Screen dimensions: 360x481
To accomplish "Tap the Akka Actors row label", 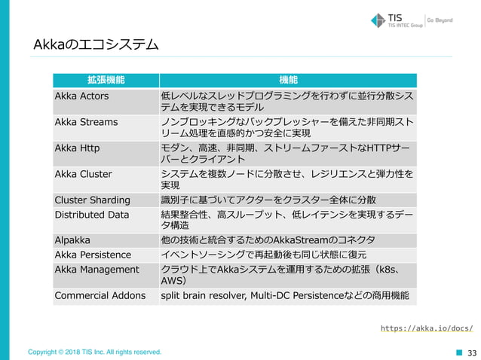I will (x=81, y=96).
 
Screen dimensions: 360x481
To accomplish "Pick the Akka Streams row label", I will (x=86, y=121).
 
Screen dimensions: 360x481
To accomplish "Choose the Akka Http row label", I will (x=77, y=148).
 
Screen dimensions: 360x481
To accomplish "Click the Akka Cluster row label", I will (x=83, y=174).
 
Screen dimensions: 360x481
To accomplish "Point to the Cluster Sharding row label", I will (x=92, y=200).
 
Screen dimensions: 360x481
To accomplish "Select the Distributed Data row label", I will (x=92, y=215).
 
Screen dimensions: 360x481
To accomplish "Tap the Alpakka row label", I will (x=72, y=240).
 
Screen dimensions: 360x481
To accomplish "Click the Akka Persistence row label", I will (x=92, y=255).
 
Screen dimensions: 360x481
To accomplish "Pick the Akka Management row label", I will (x=97, y=269).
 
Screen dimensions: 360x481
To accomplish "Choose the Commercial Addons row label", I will (x=100, y=295).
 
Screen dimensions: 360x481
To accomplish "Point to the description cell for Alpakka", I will (x=272, y=240).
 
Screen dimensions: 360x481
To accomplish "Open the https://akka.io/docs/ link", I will (x=426, y=328).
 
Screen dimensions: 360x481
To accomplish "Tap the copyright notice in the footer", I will (x=94, y=352).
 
